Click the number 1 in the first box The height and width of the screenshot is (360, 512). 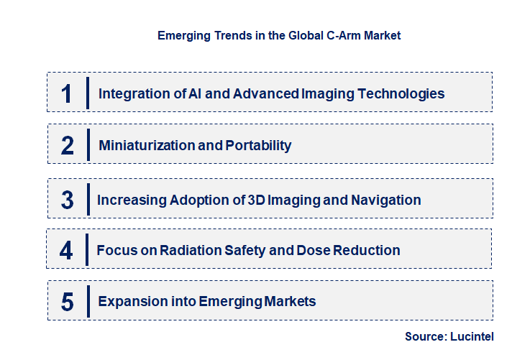tap(67, 93)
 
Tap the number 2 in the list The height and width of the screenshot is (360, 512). tap(68, 146)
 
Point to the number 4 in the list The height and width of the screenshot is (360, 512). tap(67, 251)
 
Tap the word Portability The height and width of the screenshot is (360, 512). tap(259, 145)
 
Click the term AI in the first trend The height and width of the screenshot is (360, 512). tap(191, 93)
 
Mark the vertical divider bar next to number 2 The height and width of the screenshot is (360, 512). tap(87, 144)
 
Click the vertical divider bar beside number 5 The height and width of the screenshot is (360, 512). tap(87, 301)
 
